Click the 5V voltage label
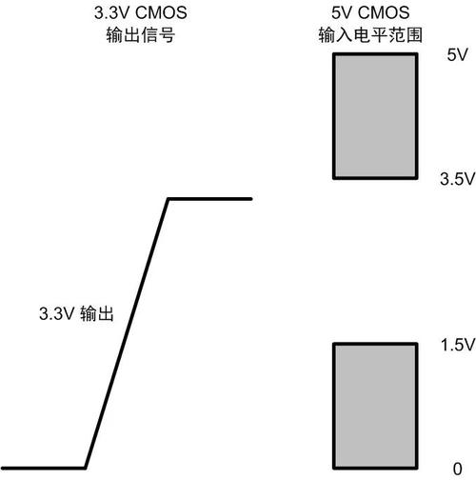[x=457, y=55]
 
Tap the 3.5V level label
[x=457, y=179]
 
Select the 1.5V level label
[x=458, y=345]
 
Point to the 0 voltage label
[x=458, y=469]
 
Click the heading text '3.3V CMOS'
[x=141, y=13]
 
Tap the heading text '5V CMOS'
[x=370, y=13]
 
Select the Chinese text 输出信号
[x=141, y=35]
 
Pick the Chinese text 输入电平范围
[x=370, y=35]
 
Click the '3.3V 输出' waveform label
[x=76, y=313]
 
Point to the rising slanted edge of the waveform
[x=127, y=333]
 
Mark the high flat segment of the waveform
[x=210, y=199]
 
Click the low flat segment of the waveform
[x=43, y=468]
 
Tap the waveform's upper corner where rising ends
[x=169, y=199]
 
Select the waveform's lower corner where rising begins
[x=85, y=468]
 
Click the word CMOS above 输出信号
[x=161, y=13]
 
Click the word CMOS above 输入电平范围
[x=384, y=13]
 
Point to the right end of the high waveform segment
[x=251, y=199]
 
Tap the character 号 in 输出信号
[x=167, y=35]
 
